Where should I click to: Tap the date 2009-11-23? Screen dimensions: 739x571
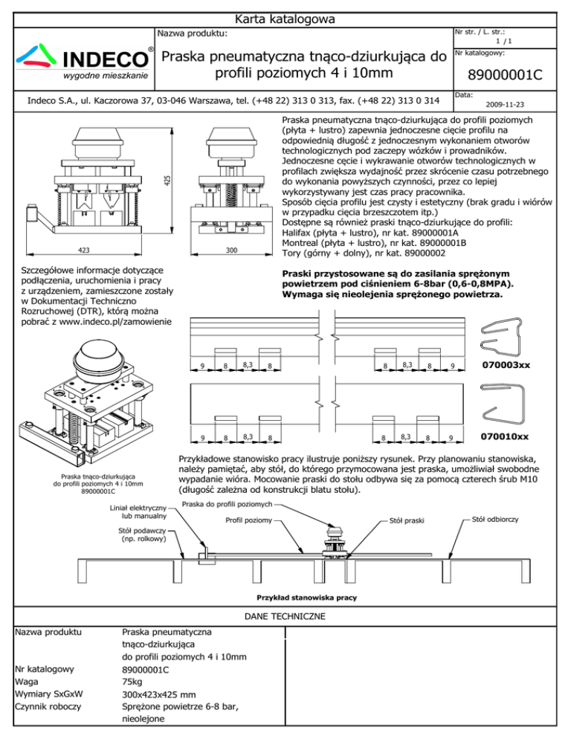coord(503,105)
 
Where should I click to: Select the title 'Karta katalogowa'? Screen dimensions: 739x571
coord(285,18)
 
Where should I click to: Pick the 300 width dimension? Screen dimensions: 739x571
coord(231,251)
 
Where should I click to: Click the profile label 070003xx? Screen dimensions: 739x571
coord(506,365)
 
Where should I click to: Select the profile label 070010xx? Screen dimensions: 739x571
coord(506,436)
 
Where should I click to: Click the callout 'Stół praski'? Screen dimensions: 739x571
coord(407,523)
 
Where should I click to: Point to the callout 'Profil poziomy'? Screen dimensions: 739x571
coord(248,520)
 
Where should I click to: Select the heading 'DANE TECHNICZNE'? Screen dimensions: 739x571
coord(285,616)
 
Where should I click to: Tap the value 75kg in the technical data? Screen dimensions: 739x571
coord(132,682)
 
